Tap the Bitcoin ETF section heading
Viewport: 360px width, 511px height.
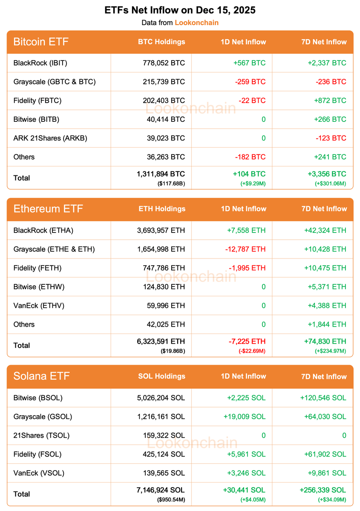41,42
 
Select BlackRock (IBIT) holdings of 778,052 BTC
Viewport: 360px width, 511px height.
164,63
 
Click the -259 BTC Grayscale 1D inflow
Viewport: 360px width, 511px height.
250,82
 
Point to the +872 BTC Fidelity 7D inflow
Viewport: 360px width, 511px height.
330,100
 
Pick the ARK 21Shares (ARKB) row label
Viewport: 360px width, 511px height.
50,138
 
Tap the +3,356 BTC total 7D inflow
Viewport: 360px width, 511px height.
327,174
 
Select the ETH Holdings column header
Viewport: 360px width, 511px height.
162,209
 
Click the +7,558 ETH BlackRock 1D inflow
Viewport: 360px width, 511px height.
246,230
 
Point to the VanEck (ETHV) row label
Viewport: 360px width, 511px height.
39,305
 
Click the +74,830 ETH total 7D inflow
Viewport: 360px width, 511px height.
325,341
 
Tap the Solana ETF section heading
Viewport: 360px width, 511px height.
41,376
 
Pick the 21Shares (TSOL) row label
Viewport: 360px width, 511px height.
41,435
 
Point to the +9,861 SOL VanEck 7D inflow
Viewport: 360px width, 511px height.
327,473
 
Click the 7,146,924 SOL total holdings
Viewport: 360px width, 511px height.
161,490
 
